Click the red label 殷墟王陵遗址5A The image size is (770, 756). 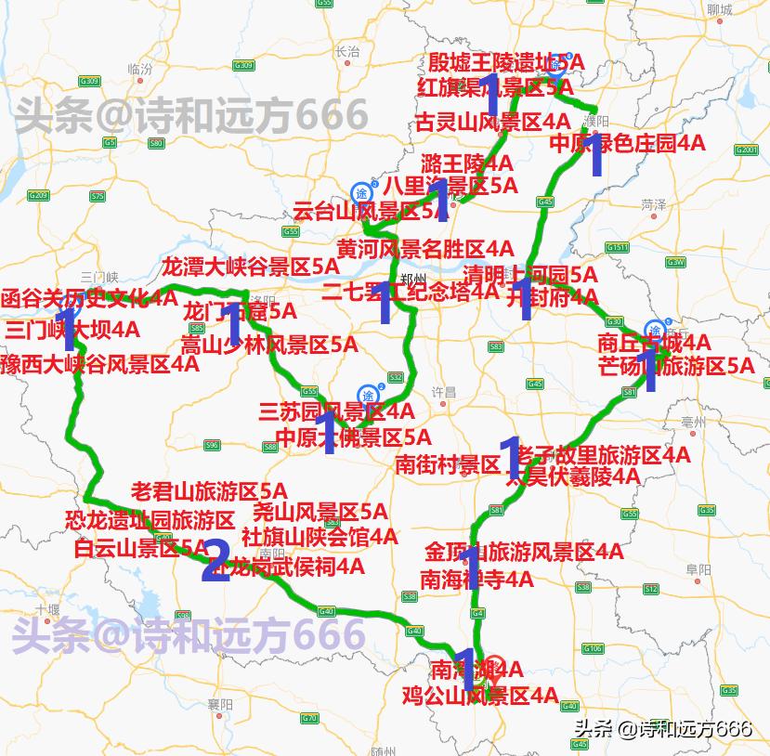point(505,63)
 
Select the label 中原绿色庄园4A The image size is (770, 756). point(627,144)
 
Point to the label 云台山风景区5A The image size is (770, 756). point(370,212)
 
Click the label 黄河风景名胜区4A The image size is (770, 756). point(424,249)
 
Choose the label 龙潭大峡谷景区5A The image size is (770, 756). point(251,266)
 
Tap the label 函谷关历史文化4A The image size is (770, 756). point(89,299)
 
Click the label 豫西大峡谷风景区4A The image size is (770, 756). point(99,363)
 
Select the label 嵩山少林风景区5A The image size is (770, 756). point(268,345)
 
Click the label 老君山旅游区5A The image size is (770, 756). point(209,490)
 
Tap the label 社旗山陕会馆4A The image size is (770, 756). point(319,537)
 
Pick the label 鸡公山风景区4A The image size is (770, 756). point(479,695)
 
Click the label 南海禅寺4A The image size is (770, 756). point(476,580)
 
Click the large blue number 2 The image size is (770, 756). point(215,561)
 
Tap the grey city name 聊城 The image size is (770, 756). point(718,10)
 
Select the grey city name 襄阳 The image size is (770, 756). point(220,705)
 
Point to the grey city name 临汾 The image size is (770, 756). point(140,69)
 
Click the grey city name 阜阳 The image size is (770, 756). point(698,568)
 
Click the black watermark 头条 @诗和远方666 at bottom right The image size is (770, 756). point(662,729)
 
